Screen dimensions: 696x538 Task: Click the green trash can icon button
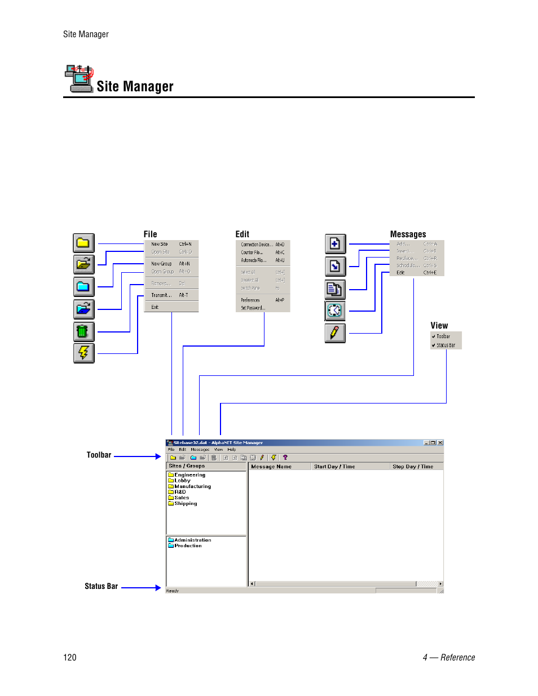(x=83, y=331)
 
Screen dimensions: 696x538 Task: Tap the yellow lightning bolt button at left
(x=83, y=353)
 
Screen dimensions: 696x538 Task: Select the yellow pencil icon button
(x=335, y=333)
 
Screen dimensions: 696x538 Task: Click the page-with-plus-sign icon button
(x=335, y=244)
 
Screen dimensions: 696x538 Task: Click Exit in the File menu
(x=155, y=307)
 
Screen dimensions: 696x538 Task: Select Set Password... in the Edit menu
(x=253, y=308)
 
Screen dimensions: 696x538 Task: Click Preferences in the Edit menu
(x=251, y=300)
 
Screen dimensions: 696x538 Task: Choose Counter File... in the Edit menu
(x=252, y=252)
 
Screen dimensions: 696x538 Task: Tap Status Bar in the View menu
(x=446, y=345)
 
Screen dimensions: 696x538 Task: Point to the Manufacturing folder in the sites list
(x=192, y=486)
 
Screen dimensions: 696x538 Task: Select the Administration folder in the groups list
(x=192, y=540)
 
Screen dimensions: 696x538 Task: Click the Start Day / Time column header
(x=334, y=467)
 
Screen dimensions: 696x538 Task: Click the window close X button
(x=440, y=443)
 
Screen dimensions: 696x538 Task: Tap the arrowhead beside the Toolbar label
(x=158, y=456)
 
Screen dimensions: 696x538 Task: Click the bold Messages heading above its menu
(x=408, y=234)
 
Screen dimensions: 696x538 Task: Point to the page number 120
(x=70, y=657)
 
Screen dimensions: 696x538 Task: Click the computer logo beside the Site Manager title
(x=78, y=78)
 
